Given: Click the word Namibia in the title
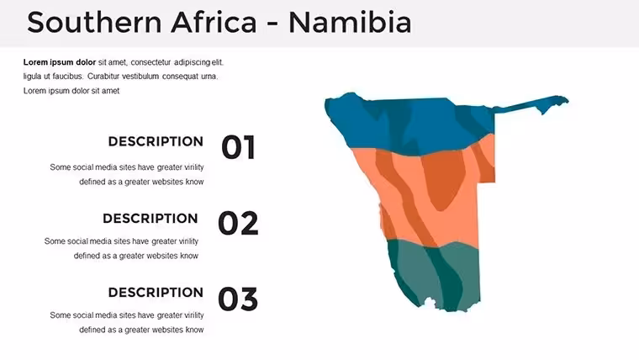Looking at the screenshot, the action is tap(350, 22).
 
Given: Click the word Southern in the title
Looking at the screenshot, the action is tap(94, 22).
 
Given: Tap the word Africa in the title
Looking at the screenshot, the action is tap(214, 22).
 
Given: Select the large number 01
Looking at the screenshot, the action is tap(239, 146).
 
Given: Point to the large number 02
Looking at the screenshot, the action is tap(238, 223).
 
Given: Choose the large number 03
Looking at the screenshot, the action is tap(238, 299).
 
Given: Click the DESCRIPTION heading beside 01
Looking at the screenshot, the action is tap(156, 141).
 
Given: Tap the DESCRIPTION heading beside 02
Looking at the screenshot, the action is tap(151, 218).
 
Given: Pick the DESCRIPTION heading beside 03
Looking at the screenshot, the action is tap(156, 293).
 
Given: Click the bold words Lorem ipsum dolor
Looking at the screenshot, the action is tap(60, 62).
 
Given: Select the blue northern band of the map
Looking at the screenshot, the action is tap(412, 124).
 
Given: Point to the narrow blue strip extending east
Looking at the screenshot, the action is tap(530, 103).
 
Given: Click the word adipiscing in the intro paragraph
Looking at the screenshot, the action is tap(192, 62).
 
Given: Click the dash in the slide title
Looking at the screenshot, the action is tap(272, 24).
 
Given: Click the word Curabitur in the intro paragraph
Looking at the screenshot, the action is tap(103, 77).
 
